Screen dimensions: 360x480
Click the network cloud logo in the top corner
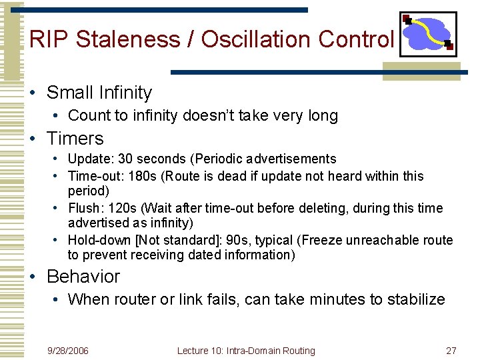[x=427, y=33]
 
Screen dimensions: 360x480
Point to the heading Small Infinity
[x=99, y=93]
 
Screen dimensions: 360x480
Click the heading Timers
[x=75, y=139]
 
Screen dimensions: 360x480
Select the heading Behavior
[x=83, y=276]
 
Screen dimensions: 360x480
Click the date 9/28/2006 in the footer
[x=68, y=351]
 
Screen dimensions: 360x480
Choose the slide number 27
[x=451, y=351]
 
